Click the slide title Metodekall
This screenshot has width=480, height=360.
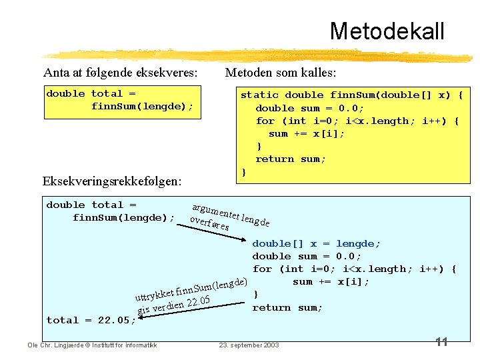(x=386, y=31)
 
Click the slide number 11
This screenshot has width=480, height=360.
(x=441, y=342)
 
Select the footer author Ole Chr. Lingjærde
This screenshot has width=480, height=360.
(x=92, y=345)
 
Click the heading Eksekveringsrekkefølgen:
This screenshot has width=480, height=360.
(x=113, y=181)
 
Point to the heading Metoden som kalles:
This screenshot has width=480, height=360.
(x=281, y=72)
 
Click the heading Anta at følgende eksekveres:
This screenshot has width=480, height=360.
(x=120, y=72)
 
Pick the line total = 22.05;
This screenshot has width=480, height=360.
(x=91, y=320)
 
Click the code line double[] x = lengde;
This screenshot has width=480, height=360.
(x=316, y=243)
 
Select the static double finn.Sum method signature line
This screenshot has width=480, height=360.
(x=351, y=95)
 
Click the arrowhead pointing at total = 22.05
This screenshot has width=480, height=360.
(x=142, y=319)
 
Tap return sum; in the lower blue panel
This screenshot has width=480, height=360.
(x=287, y=307)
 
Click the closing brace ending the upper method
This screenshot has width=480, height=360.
(x=244, y=172)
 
